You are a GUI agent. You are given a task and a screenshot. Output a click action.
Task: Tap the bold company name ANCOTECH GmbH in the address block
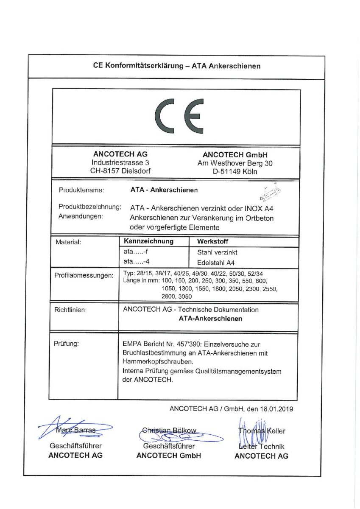click(x=235, y=155)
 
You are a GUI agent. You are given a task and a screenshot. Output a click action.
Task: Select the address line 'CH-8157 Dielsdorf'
click(x=120, y=171)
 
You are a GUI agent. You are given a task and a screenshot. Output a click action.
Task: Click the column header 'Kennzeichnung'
click(x=148, y=241)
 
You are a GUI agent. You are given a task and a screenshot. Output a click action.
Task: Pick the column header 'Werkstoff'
click(x=213, y=242)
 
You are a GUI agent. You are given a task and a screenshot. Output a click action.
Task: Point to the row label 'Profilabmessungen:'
click(x=84, y=276)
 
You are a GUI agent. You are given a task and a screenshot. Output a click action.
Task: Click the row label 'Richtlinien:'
click(x=70, y=310)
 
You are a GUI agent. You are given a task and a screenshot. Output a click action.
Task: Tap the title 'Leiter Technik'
click(x=262, y=446)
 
